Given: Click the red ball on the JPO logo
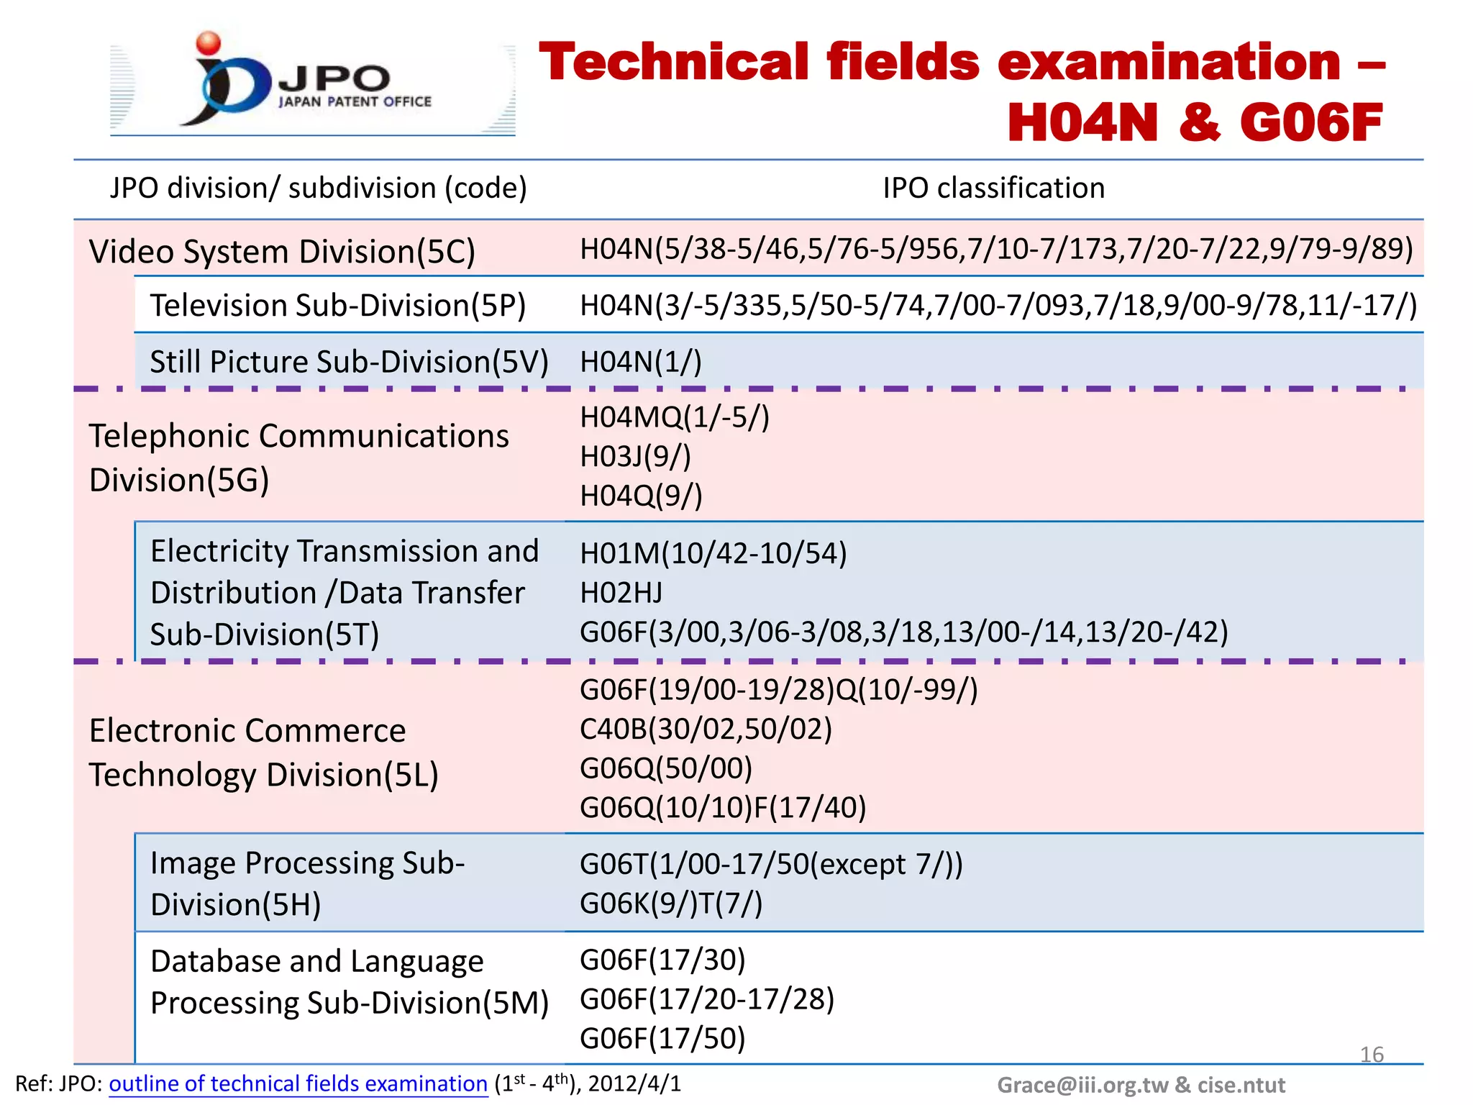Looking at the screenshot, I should tap(209, 43).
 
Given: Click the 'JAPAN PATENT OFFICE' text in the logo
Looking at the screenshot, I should tap(355, 102).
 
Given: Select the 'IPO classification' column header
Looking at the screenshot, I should tap(993, 188).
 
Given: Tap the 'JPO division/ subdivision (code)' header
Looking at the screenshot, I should tap(318, 188).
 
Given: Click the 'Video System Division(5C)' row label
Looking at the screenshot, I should tap(282, 252).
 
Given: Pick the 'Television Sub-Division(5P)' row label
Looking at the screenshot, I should tap(337, 306).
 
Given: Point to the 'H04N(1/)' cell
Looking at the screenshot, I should tap(640, 362).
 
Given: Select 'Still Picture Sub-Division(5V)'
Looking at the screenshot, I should tap(349, 362).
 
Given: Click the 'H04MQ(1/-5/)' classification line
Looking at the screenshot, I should tap(674, 417).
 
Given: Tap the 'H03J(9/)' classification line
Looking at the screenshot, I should tap(635, 457).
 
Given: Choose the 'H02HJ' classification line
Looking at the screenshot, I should tap(621, 593).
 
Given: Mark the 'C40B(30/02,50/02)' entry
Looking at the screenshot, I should tap(706, 729).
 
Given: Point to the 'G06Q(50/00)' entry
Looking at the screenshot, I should tap(666, 768).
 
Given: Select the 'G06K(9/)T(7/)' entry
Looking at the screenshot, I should tap(670, 904).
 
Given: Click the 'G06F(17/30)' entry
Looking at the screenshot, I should tap(662, 960).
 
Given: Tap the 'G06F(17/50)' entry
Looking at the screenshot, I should tap(662, 1039).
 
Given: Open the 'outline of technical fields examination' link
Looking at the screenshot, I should tap(298, 1084).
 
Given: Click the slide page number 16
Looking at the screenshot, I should tap(1372, 1055).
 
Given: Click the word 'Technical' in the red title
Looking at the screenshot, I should tap(674, 63).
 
